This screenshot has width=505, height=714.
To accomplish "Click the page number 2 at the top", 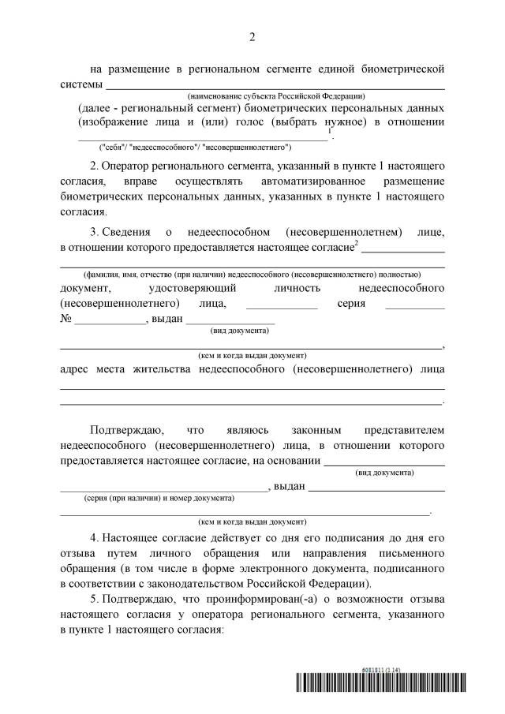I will coord(252,37).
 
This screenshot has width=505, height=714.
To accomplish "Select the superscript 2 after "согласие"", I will coord(357,243).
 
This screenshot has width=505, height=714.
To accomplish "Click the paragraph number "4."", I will coord(95,537).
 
